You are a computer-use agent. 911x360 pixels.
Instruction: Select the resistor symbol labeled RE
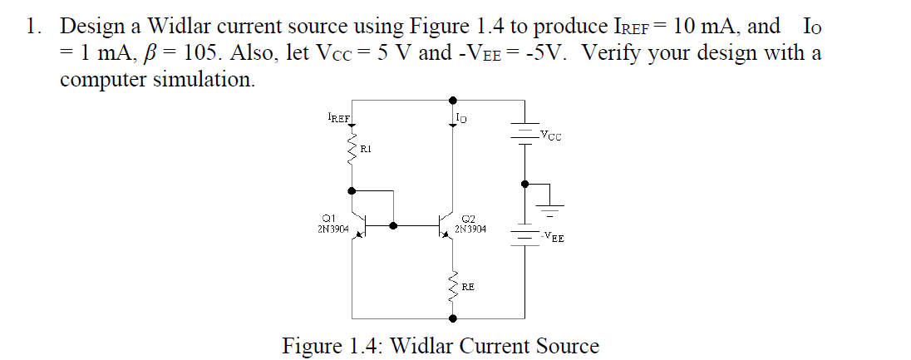pos(454,287)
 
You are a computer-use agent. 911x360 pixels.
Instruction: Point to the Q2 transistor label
pos(467,219)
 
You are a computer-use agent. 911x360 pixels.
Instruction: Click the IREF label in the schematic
pos(338,119)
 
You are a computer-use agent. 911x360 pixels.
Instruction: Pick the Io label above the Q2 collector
pos(461,119)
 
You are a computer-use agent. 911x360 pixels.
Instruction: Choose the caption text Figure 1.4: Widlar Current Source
pos(441,345)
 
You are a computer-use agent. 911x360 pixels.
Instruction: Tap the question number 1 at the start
pos(31,27)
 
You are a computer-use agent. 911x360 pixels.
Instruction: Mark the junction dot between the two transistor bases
pos(394,224)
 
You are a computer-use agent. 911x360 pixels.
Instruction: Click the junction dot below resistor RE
pos(454,318)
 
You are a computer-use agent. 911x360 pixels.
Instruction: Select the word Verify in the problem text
pos(613,54)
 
